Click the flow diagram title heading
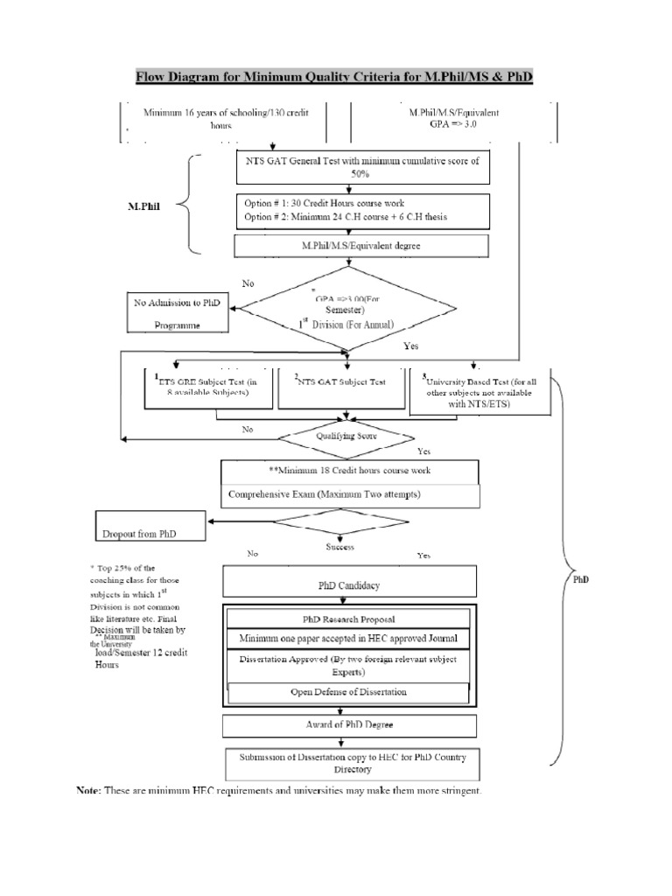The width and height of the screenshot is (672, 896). (x=333, y=79)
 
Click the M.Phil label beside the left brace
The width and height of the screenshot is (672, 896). (x=141, y=208)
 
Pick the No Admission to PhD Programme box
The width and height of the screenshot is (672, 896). (x=177, y=313)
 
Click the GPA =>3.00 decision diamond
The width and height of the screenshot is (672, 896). (x=348, y=308)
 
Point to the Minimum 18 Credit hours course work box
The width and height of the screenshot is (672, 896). (x=350, y=471)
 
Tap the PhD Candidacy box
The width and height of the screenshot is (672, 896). (x=350, y=584)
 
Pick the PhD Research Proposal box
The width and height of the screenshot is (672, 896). (x=349, y=618)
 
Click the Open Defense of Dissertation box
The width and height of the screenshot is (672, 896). (x=349, y=692)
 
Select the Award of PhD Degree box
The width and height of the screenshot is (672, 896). (x=349, y=726)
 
